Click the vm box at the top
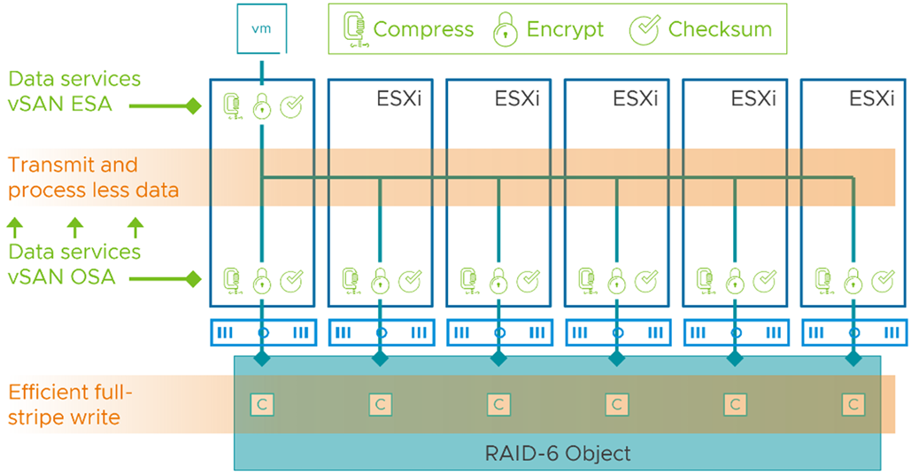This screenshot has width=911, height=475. pos(261,28)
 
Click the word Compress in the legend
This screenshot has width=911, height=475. pos(423,29)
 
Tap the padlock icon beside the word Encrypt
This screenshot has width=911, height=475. pos(506,29)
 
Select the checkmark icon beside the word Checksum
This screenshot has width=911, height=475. pos(645,29)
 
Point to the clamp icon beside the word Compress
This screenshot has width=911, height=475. pos(354,29)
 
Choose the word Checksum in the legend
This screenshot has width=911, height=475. pos(720,29)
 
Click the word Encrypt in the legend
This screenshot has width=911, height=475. pos(566,29)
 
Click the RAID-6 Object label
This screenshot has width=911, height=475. pos(558,454)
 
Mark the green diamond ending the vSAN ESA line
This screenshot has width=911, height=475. pos(194,105)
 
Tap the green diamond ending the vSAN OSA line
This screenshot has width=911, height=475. pos(194,279)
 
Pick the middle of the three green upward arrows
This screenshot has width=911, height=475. pos(75,228)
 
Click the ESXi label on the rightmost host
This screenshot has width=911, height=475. pos(871,99)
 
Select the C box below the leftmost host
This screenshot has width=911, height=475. pos(262,405)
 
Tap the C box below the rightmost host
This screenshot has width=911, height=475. pos(853,405)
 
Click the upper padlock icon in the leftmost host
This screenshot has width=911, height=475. pos(262,106)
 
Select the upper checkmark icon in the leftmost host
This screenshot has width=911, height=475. pos(291,105)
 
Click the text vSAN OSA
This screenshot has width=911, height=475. pos(62,276)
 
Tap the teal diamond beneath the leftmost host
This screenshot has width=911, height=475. pos(262,358)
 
